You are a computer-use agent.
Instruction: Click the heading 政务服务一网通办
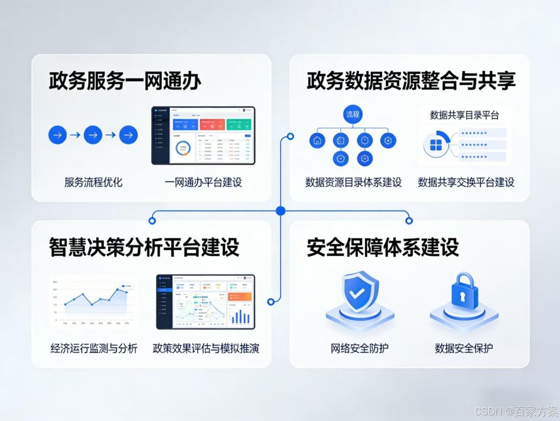click(125, 81)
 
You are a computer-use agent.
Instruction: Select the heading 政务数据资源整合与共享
click(411, 81)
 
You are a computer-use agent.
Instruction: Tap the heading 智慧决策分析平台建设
click(144, 247)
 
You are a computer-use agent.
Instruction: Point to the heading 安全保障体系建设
click(382, 247)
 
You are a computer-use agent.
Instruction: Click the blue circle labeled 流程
click(352, 114)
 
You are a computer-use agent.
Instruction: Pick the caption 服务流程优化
click(93, 182)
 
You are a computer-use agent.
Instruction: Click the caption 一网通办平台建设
click(204, 182)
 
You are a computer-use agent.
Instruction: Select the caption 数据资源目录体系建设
click(353, 182)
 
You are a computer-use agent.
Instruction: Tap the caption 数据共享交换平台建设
click(466, 182)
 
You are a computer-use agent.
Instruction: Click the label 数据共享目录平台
click(464, 115)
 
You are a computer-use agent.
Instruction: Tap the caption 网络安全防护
click(359, 349)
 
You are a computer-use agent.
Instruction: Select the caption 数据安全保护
click(464, 349)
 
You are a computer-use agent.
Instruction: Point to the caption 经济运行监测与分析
click(94, 349)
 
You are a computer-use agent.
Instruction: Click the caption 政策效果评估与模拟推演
click(206, 349)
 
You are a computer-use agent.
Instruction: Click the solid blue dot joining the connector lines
click(280, 211)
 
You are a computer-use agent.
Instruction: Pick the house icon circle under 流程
click(317, 141)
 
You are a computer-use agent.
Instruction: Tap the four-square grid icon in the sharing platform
click(436, 145)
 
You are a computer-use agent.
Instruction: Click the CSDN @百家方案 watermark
click(516, 412)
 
